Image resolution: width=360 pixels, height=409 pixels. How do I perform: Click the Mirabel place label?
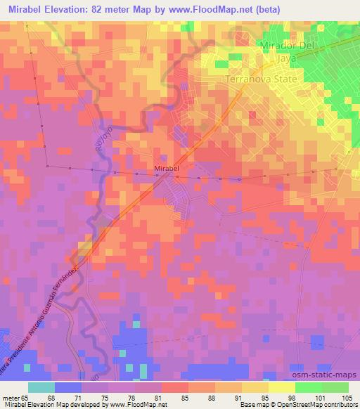166,169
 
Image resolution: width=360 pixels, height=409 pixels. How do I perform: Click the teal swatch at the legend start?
41,387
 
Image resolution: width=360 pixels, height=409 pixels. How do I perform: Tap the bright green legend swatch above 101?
308,387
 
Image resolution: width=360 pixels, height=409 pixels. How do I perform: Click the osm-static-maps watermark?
330,376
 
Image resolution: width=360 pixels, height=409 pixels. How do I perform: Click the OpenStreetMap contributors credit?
314,405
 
